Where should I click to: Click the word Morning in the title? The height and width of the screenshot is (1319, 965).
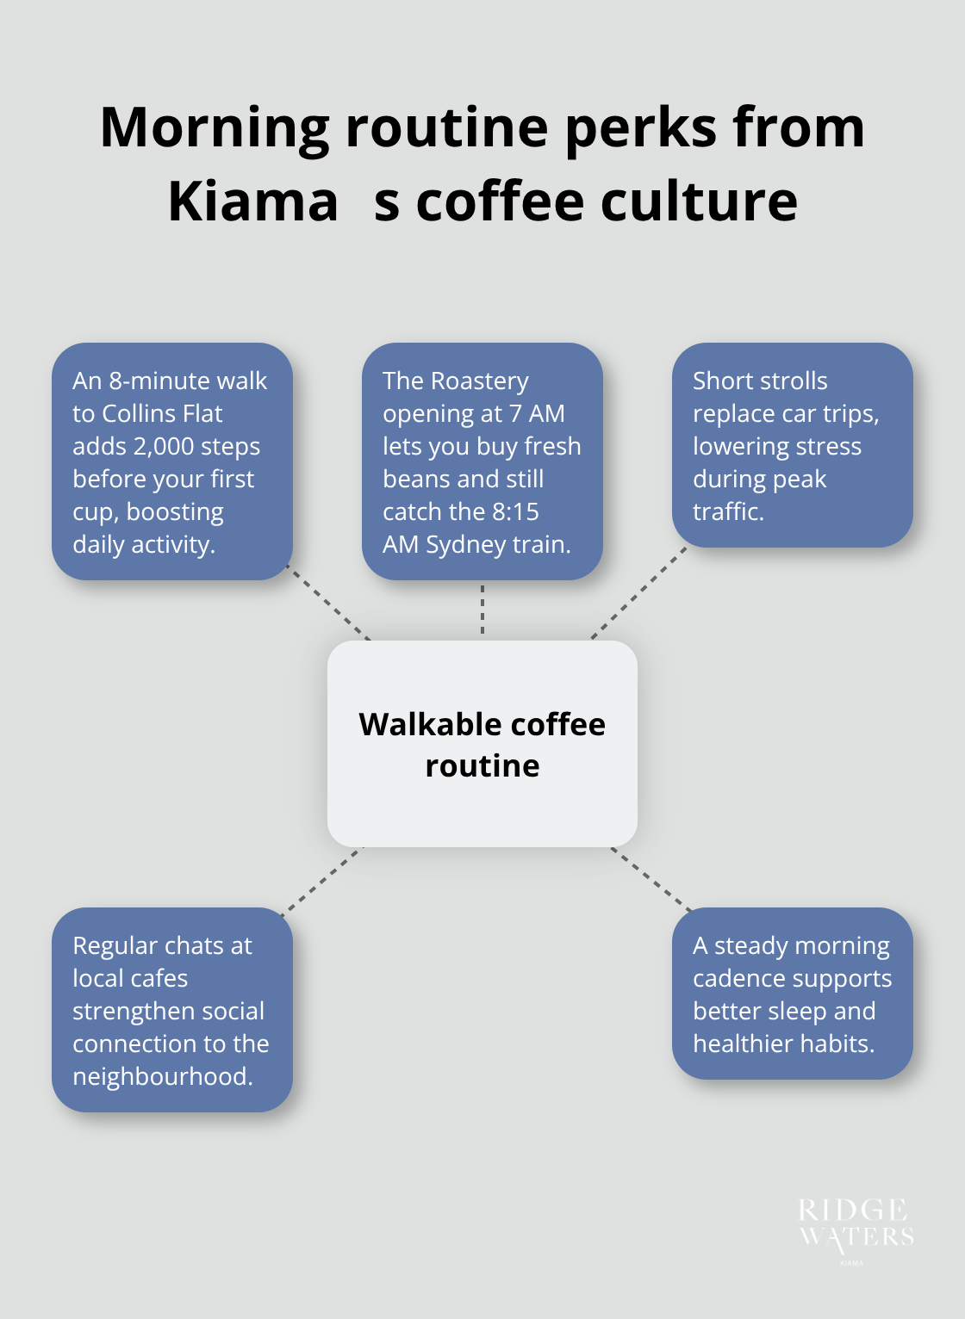215,127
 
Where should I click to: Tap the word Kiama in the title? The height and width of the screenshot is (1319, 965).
252,202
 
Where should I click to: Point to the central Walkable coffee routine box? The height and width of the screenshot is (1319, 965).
482,744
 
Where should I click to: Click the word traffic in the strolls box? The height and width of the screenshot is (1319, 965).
726,512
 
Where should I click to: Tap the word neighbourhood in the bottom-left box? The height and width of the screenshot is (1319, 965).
162,1077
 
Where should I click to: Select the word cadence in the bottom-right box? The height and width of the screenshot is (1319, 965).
737,979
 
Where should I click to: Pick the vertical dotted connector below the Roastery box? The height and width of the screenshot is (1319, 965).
482,610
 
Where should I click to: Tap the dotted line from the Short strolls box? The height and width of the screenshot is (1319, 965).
639,593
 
